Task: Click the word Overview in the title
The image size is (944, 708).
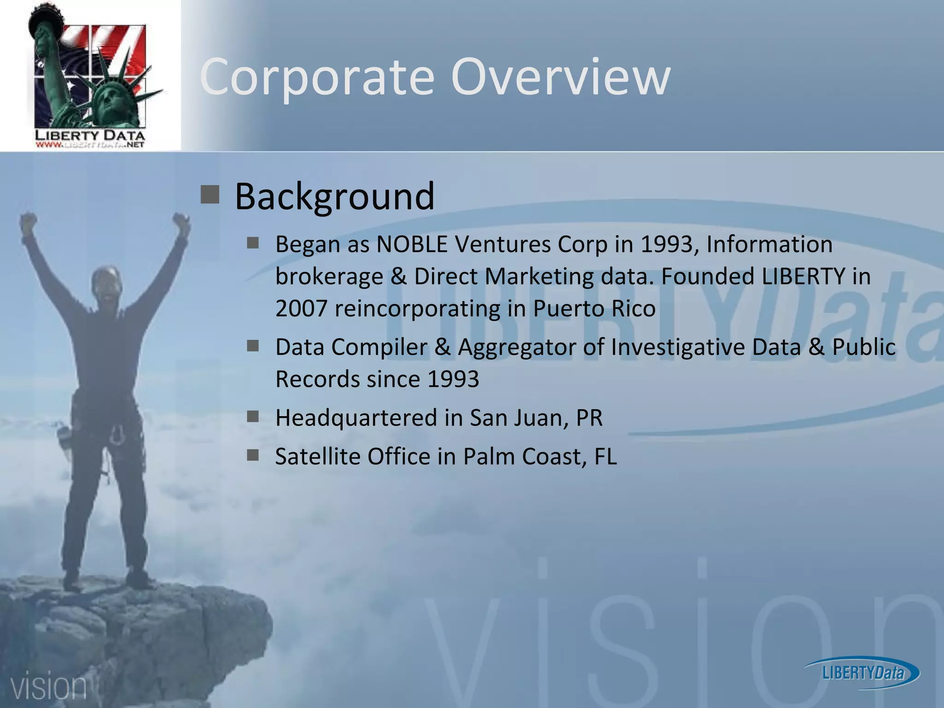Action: [x=560, y=77]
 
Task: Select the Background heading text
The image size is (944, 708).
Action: [x=334, y=196]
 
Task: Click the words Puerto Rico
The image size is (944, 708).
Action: [x=594, y=308]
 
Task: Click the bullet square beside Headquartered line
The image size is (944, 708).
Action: [x=253, y=417]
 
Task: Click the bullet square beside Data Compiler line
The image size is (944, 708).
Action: [x=253, y=346]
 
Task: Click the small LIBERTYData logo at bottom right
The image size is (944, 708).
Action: [x=862, y=673]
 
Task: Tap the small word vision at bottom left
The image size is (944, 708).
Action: [x=48, y=687]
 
